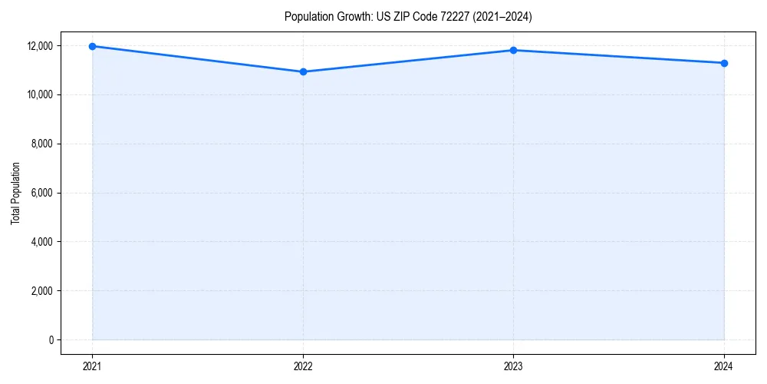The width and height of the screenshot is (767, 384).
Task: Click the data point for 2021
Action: coord(92,46)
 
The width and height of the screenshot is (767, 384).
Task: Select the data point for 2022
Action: coord(303,71)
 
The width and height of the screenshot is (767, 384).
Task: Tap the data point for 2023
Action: coord(513,51)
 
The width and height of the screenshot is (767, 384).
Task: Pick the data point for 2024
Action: coord(724,63)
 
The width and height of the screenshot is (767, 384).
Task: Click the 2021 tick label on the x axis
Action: coord(92,366)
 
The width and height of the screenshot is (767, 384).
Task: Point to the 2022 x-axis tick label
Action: coord(303,366)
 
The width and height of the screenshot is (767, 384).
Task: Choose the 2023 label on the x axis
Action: coord(513,366)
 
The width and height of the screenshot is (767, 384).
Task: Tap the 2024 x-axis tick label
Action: coord(724,366)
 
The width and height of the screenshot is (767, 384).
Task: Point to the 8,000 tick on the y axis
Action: coord(42,144)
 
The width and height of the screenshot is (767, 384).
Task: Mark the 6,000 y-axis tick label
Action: coord(42,193)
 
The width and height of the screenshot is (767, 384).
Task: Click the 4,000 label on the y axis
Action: coord(42,242)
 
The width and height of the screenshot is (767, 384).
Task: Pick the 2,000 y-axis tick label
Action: coord(42,291)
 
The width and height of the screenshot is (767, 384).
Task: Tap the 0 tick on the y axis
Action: coord(51,340)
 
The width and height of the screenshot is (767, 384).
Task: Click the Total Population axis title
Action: coord(15,193)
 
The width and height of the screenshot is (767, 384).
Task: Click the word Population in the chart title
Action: coord(308,16)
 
